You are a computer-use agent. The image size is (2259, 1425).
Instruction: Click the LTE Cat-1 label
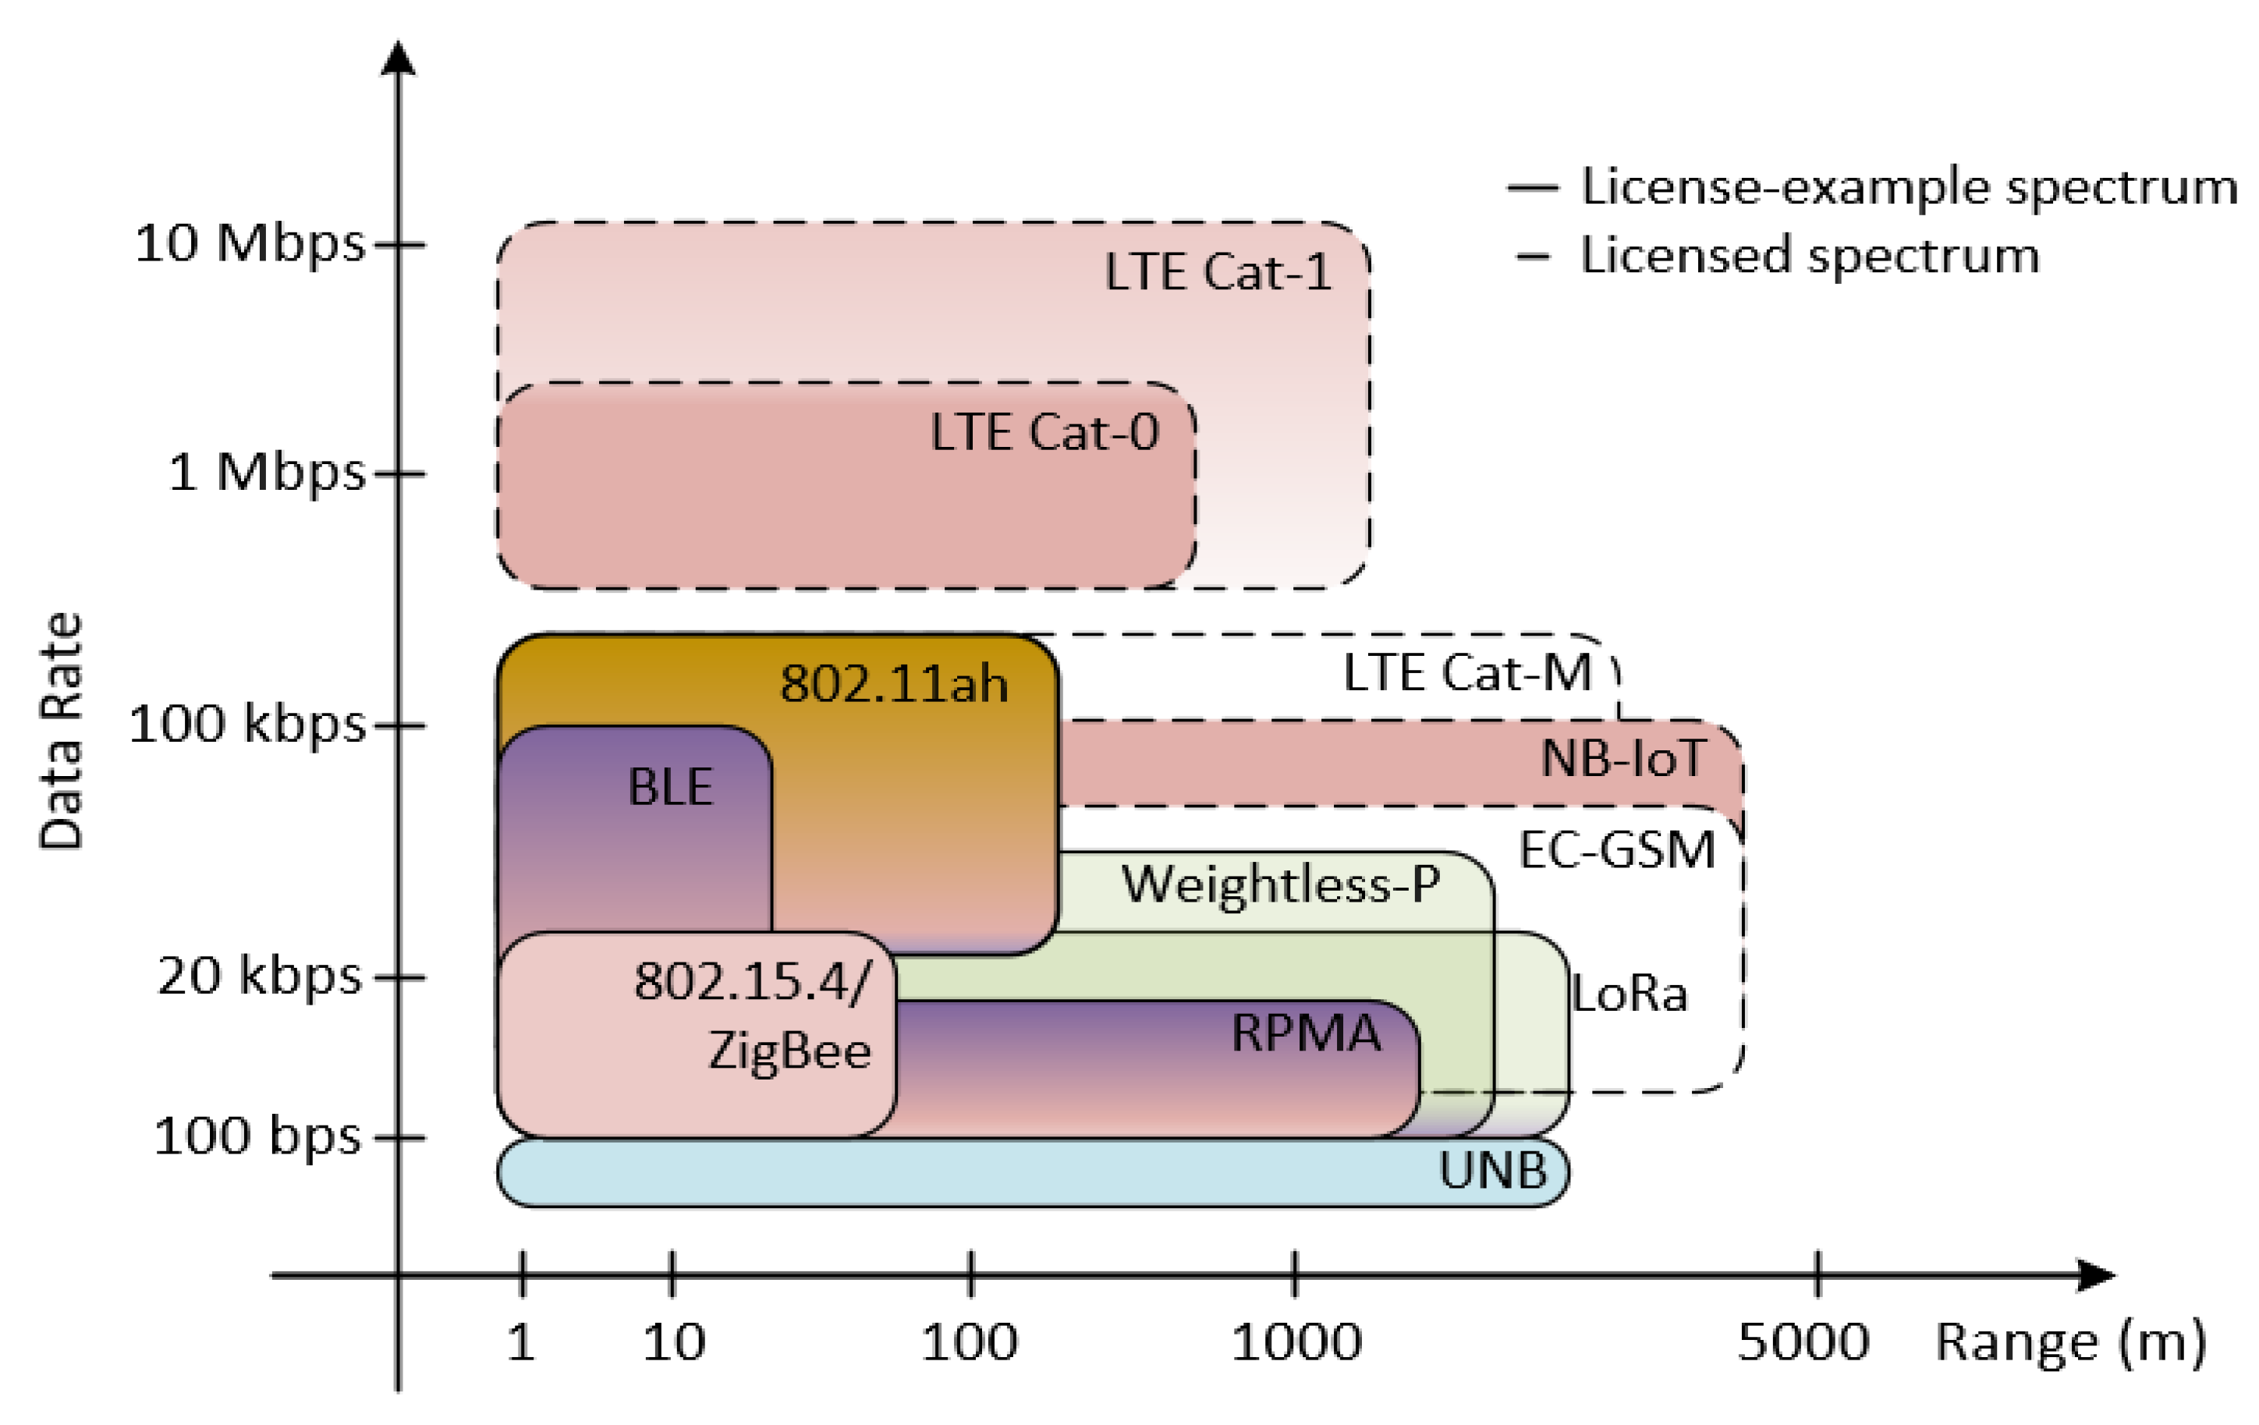click(1218, 273)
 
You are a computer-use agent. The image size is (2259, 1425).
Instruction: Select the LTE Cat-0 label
click(1044, 432)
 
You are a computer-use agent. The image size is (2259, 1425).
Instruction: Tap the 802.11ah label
click(893, 683)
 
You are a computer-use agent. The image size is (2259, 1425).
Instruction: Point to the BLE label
click(670, 786)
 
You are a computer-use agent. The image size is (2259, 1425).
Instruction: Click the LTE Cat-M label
click(1467, 672)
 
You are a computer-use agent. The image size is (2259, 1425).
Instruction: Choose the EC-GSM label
click(1616, 850)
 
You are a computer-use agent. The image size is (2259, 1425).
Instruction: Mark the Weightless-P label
click(1281, 884)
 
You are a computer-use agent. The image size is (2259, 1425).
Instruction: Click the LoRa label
click(1630, 994)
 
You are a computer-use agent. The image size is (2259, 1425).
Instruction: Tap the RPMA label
click(1305, 1033)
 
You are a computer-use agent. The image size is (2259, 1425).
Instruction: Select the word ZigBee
click(789, 1050)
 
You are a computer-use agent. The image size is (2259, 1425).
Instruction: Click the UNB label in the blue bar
click(1492, 1171)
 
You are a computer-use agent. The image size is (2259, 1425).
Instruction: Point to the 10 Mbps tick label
click(250, 244)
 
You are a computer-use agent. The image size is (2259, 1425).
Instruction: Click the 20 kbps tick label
click(259, 976)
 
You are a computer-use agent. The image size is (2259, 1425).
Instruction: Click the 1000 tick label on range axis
click(1296, 1342)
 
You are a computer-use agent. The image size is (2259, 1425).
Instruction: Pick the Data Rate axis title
click(62, 732)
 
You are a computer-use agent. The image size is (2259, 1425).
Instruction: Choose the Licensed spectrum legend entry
click(1810, 255)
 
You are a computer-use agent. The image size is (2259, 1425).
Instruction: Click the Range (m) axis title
click(2070, 1342)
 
